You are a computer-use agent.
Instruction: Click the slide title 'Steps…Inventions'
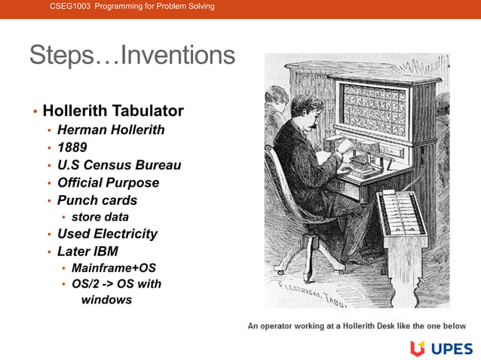point(132,55)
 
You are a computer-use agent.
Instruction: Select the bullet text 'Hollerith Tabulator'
point(113,111)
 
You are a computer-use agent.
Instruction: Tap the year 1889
point(72,147)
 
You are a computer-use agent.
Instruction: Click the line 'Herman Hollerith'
point(111,130)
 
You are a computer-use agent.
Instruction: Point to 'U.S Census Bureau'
point(119,165)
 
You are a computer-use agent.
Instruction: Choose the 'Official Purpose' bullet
point(108,182)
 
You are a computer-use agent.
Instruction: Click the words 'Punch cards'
point(97,200)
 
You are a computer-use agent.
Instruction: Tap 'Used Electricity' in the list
point(107,233)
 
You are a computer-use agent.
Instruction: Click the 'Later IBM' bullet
point(87,251)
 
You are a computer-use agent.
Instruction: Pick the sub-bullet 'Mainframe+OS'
point(114,267)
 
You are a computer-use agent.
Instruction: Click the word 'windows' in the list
point(106,300)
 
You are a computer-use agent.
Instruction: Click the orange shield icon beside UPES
point(418,347)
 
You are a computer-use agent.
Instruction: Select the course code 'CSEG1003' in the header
point(69,6)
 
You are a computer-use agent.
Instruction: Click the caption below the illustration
point(357,325)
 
